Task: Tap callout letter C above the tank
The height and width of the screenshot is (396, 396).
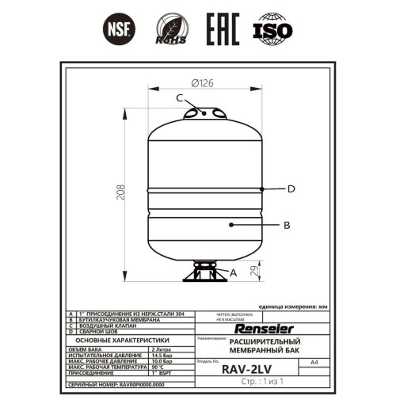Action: pyautogui.click(x=179, y=98)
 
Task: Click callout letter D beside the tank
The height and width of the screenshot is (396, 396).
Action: pyautogui.click(x=291, y=188)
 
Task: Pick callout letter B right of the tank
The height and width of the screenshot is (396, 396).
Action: pyautogui.click(x=287, y=225)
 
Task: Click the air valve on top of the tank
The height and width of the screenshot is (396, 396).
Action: pyautogui.click(x=204, y=113)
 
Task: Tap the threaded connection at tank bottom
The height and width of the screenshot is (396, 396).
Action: pyautogui.click(x=204, y=273)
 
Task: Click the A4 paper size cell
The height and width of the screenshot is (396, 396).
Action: pyautogui.click(x=314, y=361)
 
